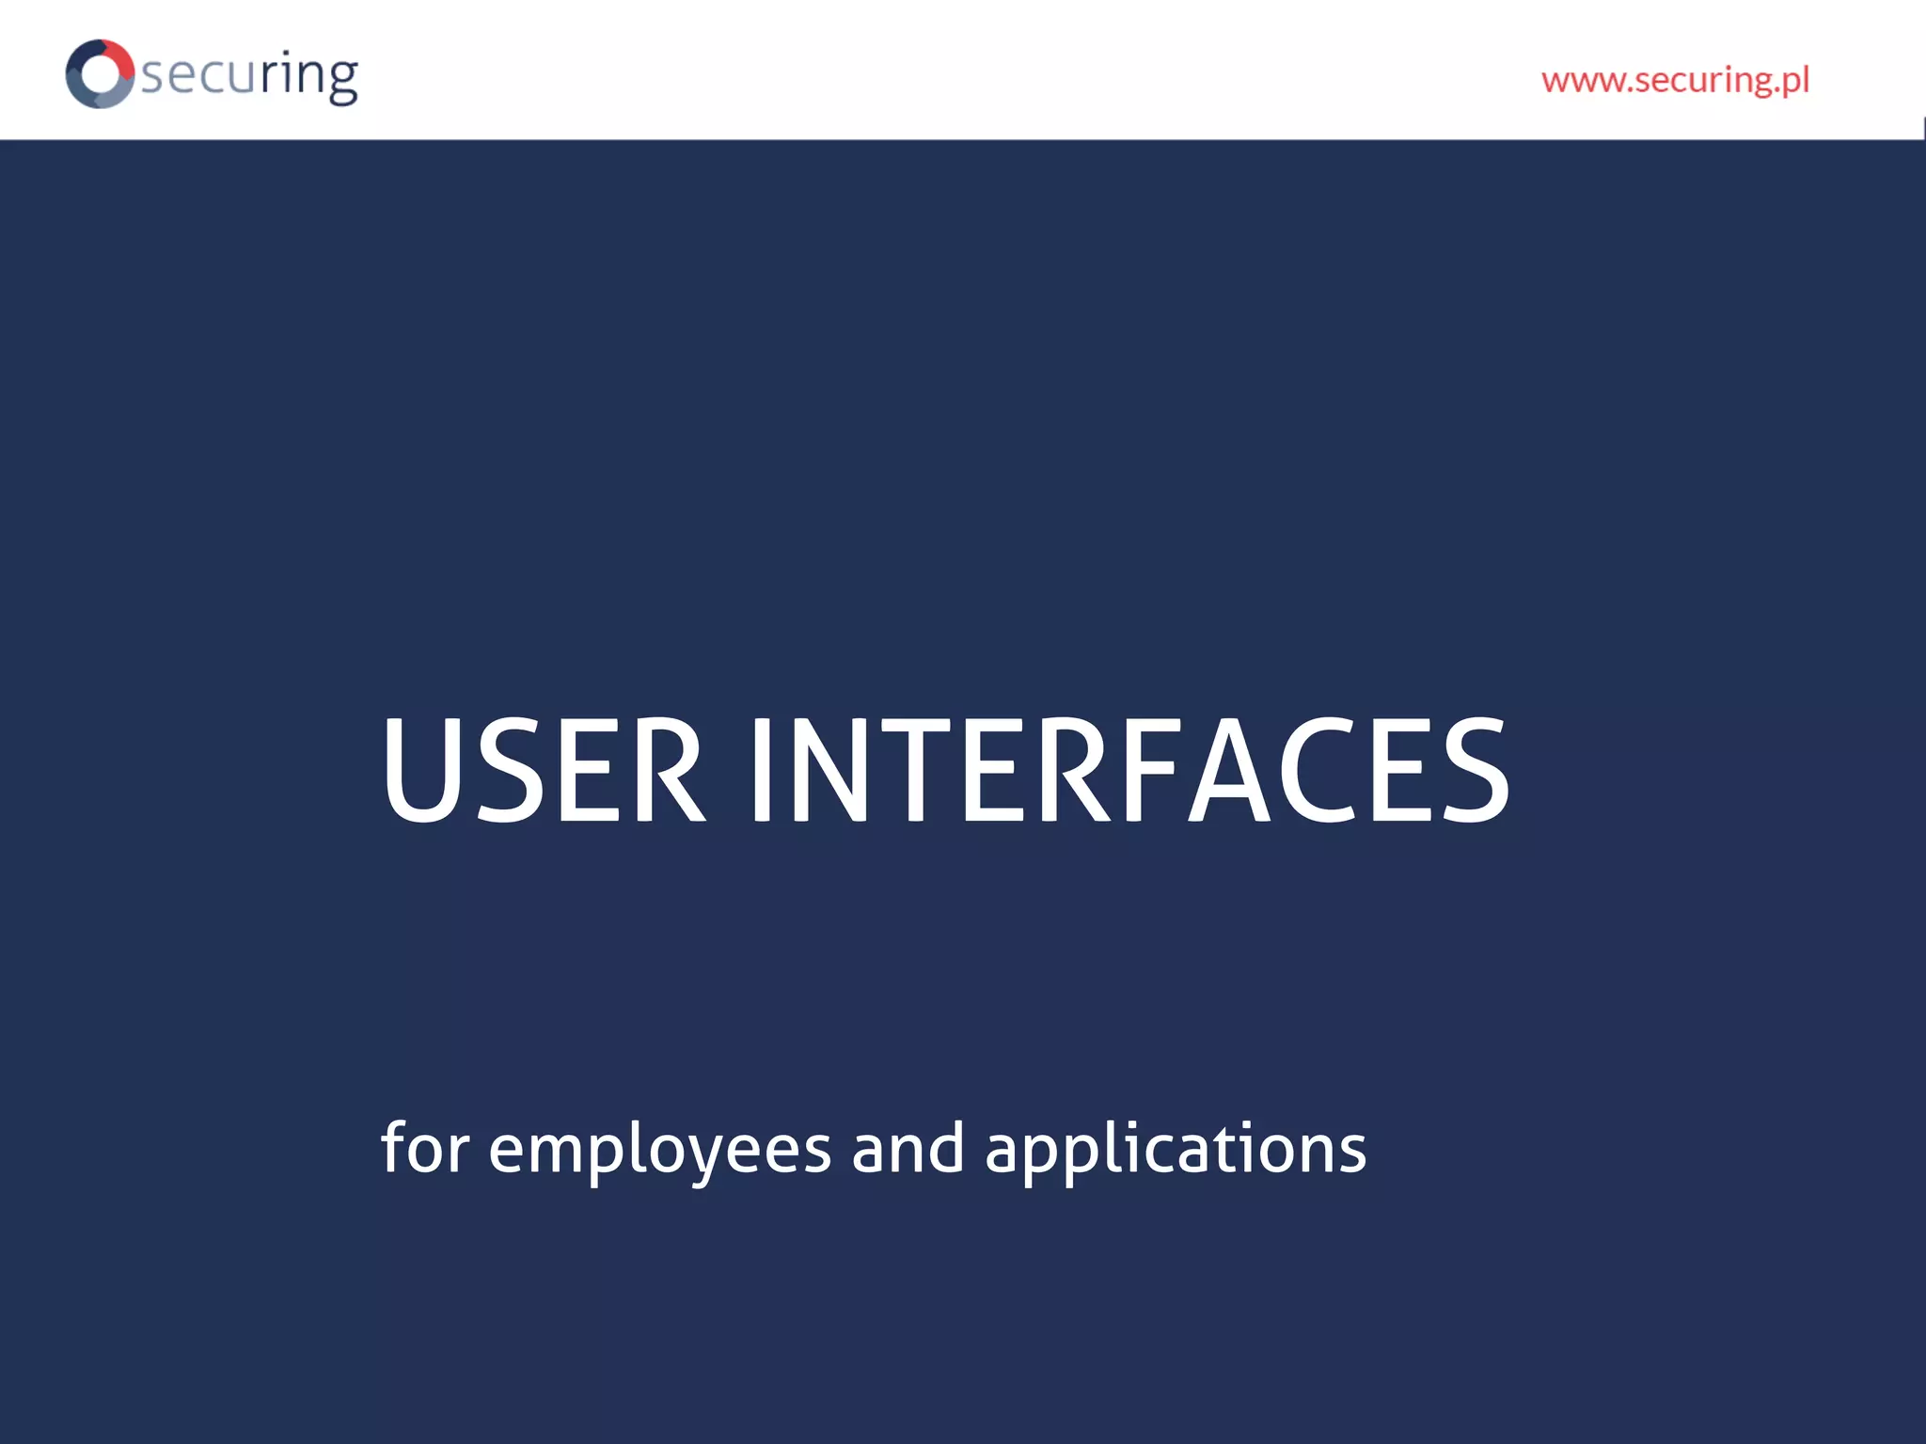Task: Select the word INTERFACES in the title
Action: (1129, 769)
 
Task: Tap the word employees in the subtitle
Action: (659, 1149)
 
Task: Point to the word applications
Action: (1175, 1149)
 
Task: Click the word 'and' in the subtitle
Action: (908, 1149)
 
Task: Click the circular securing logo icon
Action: (99, 73)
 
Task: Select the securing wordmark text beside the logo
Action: (249, 75)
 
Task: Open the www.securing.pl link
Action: (1675, 81)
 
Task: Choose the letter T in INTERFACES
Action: (912, 769)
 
